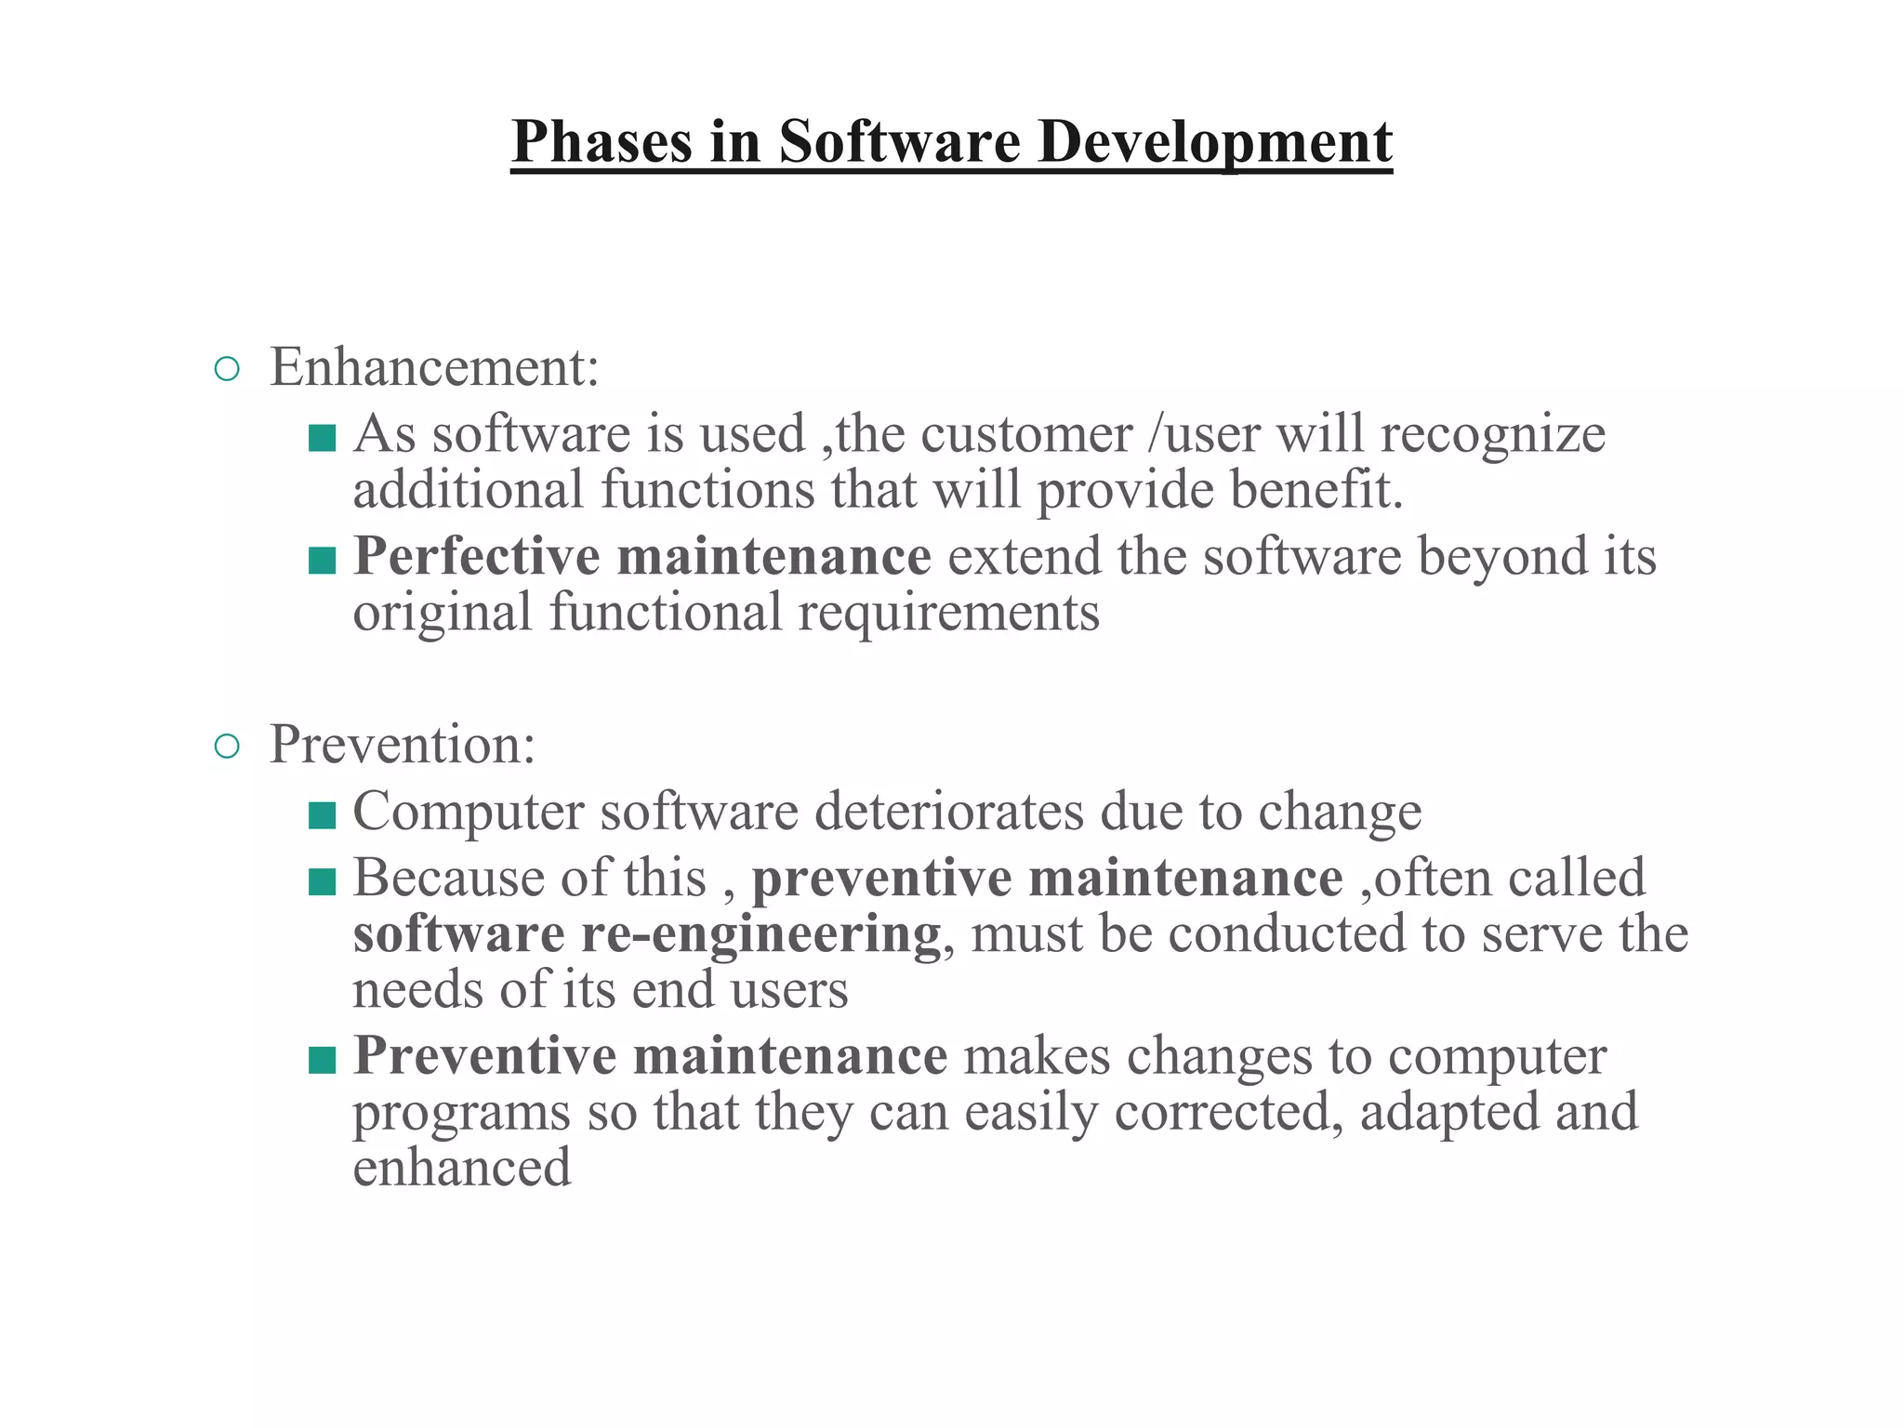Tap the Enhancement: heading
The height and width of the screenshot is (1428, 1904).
[434, 367]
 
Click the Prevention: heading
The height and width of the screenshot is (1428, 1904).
[403, 745]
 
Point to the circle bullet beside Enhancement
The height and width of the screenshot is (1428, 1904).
[227, 370]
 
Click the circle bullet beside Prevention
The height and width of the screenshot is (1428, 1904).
[227, 747]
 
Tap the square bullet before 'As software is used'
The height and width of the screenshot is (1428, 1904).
[322, 438]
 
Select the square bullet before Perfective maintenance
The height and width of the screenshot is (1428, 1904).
[322, 561]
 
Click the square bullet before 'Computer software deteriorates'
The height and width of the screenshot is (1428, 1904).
[322, 815]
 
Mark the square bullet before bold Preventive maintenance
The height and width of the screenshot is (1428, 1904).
[322, 1060]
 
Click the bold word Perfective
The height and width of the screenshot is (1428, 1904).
[476, 557]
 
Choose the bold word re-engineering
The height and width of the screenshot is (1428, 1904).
[760, 934]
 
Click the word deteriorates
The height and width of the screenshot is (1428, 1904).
[949, 811]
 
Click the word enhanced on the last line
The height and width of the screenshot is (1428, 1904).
[462, 1169]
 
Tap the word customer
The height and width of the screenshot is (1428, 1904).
[1026, 434]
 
